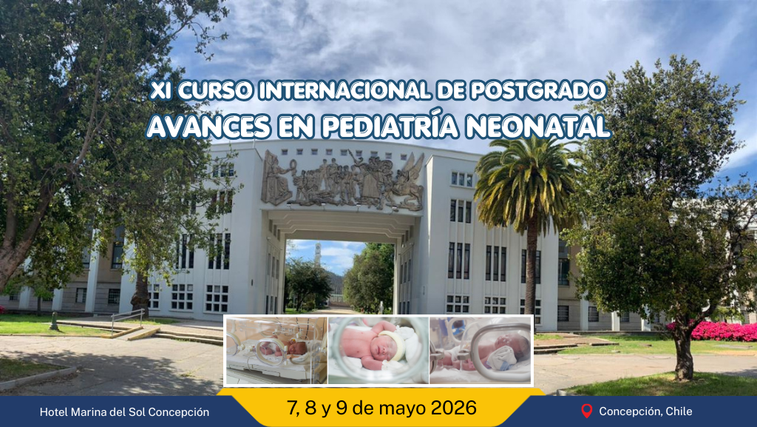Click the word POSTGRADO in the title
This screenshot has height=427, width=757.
537,90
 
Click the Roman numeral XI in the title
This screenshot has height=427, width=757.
160,90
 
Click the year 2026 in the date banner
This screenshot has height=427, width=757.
453,408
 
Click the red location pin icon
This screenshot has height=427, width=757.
586,411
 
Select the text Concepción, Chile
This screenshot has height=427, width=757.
645,411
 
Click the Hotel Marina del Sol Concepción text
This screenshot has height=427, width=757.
124,412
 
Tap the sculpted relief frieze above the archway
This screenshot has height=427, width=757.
342,181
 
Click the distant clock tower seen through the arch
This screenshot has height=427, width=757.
318,255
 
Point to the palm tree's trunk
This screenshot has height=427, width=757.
531,271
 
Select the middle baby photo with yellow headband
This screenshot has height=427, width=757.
378,350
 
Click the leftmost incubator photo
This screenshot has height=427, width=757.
276,350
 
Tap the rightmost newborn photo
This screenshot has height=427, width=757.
481,350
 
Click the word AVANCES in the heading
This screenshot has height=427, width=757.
208,127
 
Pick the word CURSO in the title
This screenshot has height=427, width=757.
215,90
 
